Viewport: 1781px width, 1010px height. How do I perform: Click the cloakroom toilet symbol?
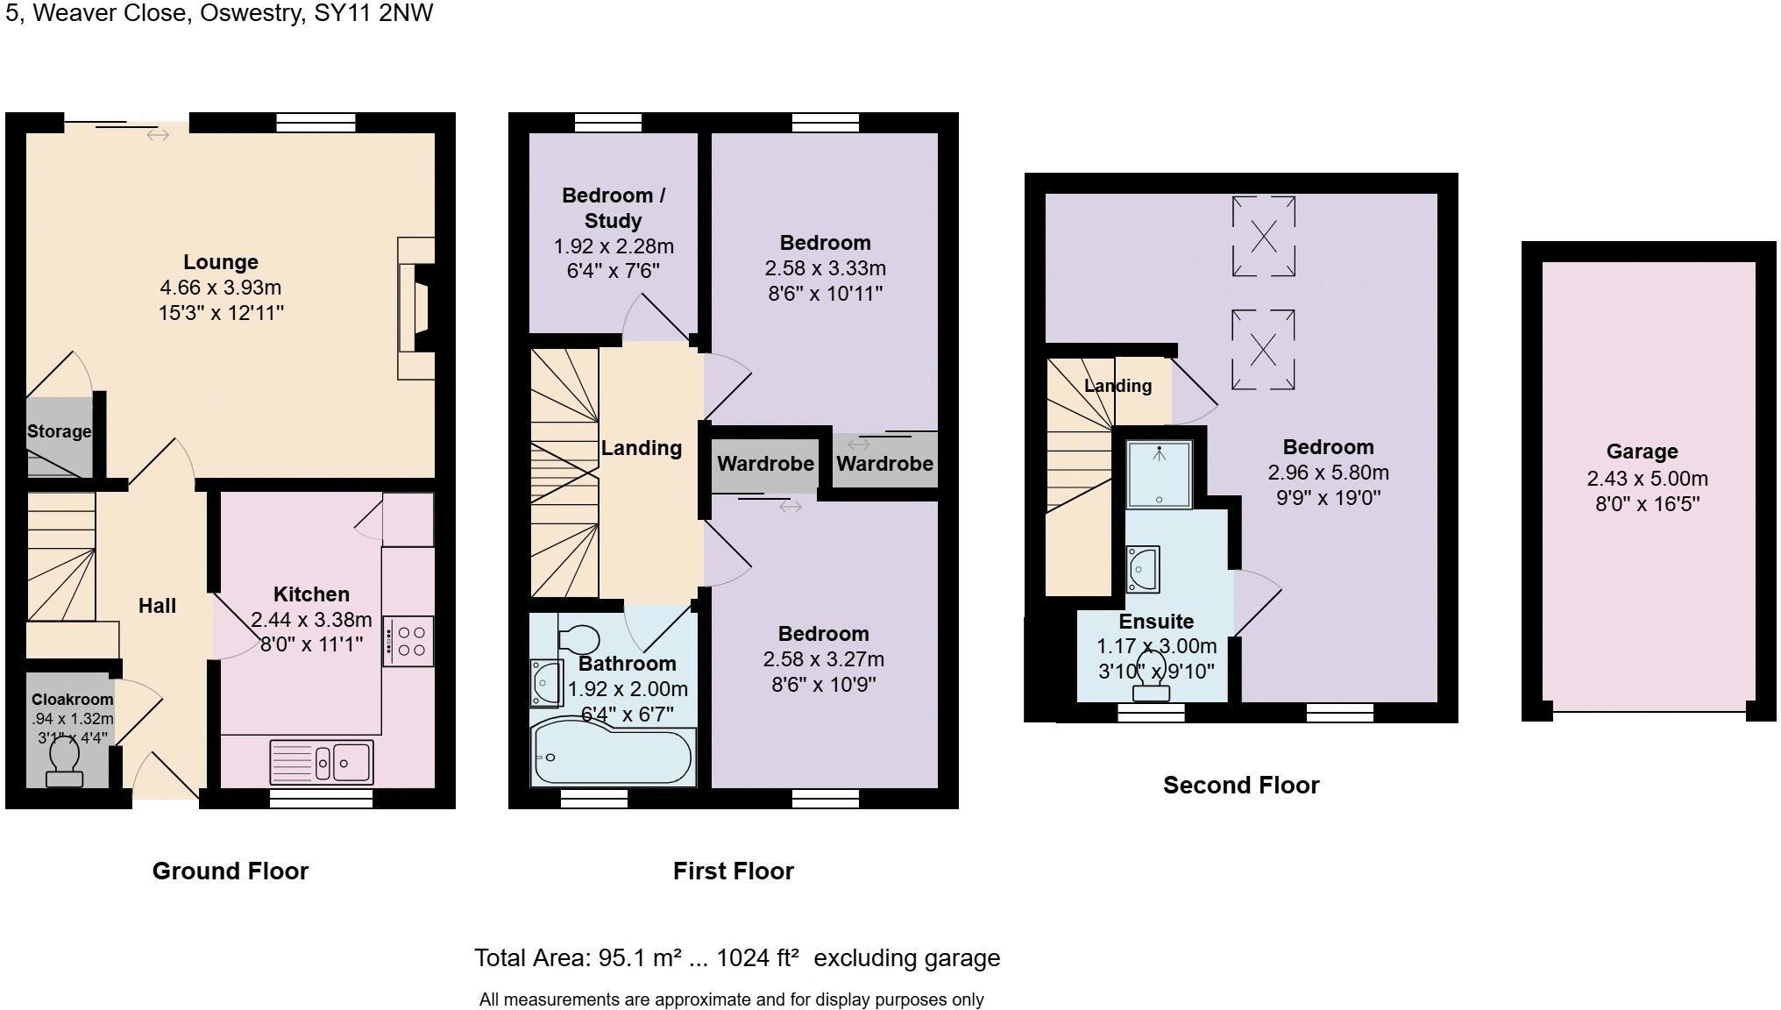[x=64, y=763]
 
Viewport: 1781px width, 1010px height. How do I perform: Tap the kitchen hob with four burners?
[x=408, y=641]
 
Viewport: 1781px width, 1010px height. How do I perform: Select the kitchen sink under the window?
[x=323, y=762]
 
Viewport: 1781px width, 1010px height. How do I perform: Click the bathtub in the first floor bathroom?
[x=613, y=756]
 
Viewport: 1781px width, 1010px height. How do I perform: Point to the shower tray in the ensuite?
[x=1159, y=474]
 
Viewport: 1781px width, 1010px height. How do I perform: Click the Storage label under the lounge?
[x=59, y=431]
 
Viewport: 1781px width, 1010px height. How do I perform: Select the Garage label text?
[x=1642, y=452]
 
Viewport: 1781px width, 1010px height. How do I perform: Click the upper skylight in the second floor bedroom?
[x=1263, y=236]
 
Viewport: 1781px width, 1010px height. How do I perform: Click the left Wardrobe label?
[x=765, y=464]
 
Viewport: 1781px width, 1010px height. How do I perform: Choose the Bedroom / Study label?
[x=613, y=208]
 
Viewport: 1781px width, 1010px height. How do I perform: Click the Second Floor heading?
[x=1240, y=785]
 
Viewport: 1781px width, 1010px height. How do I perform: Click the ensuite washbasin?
[x=1144, y=569]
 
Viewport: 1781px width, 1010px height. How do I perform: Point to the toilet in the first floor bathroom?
[x=578, y=639]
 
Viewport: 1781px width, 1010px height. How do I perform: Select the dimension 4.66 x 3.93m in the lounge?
[x=220, y=288]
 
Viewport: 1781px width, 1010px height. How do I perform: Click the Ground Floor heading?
[x=230, y=871]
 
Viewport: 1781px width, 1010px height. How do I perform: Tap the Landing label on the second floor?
[x=1118, y=386]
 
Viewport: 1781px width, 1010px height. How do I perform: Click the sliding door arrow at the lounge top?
[x=158, y=134]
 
